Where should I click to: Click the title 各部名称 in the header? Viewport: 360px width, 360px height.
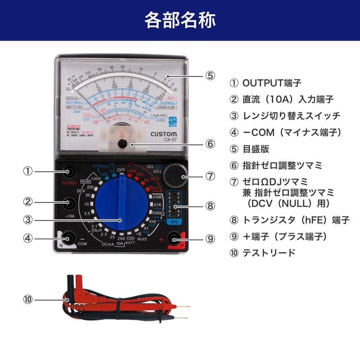point(180,20)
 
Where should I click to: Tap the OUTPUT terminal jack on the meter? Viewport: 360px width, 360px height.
point(70,171)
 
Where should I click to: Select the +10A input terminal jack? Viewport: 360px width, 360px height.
point(70,203)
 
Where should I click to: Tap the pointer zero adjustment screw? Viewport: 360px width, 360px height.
point(122,144)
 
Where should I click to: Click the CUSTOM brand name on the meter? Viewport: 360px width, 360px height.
point(164,134)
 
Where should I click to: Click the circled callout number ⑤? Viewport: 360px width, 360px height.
point(210,75)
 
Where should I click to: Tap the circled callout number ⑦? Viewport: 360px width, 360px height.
point(210,176)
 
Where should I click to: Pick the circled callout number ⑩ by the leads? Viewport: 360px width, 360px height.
point(29,299)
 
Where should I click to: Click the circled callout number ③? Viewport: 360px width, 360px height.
point(29,220)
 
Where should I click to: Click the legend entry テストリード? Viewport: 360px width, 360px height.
point(269,252)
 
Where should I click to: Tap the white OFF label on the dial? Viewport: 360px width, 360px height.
point(121,170)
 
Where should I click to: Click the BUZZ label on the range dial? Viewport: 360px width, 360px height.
point(142,239)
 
